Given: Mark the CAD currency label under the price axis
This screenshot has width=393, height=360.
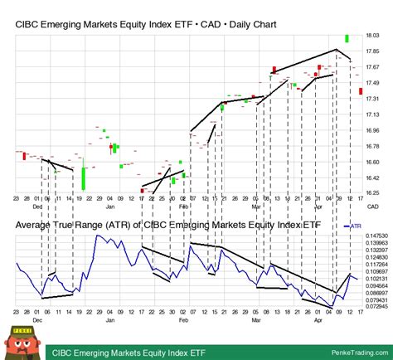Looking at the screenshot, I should (373, 206).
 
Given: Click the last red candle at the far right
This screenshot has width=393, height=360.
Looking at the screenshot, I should (360, 90).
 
